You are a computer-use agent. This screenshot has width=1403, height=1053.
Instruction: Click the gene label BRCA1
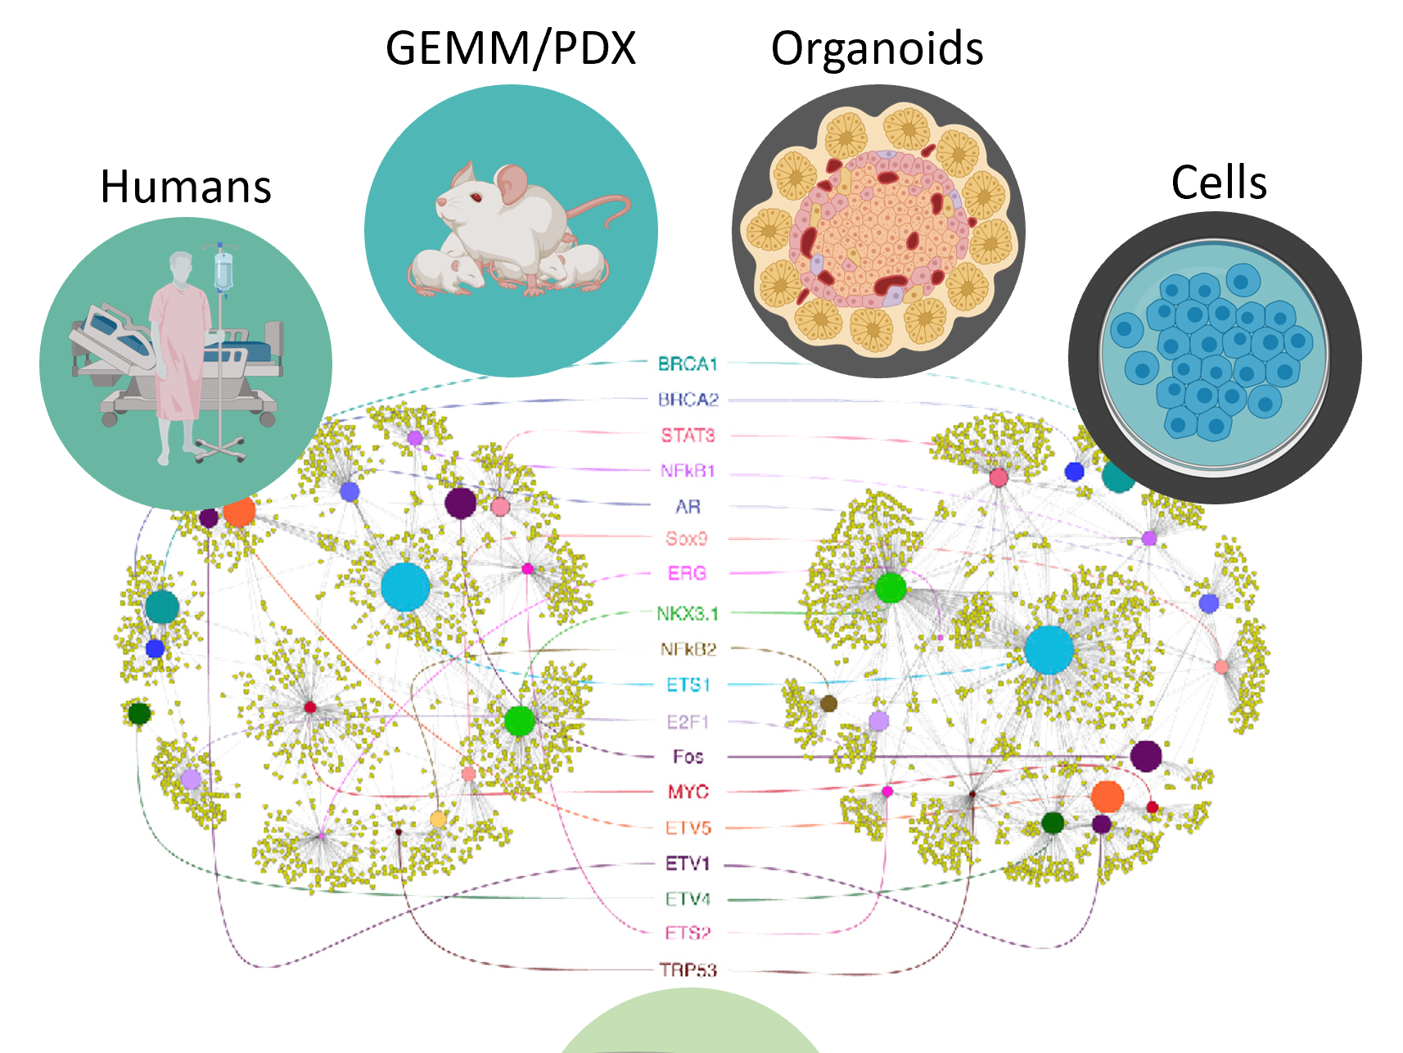(687, 364)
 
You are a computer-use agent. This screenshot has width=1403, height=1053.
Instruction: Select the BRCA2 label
(688, 400)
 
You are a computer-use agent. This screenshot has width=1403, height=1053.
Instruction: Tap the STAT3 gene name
(688, 436)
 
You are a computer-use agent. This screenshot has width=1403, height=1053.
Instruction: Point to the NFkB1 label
(688, 471)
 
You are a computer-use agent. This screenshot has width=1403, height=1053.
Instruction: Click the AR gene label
(688, 507)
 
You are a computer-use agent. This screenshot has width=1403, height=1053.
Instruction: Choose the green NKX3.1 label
(687, 613)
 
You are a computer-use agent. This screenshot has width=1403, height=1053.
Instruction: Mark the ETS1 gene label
(688, 685)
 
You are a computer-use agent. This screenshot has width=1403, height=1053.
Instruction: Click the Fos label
(688, 757)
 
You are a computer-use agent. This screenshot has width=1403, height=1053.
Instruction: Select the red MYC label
(688, 792)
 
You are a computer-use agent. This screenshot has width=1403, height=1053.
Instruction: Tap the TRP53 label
(688, 970)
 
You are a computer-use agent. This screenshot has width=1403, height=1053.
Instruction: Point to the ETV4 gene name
(688, 899)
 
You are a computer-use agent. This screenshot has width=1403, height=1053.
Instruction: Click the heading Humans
(186, 187)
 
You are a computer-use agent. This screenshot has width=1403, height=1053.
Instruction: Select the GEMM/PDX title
(510, 48)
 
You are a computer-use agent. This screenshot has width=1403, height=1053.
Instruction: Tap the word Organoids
(877, 48)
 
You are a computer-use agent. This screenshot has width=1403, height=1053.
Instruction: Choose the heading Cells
(1219, 182)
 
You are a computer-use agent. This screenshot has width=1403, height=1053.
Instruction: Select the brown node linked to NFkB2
(828, 703)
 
